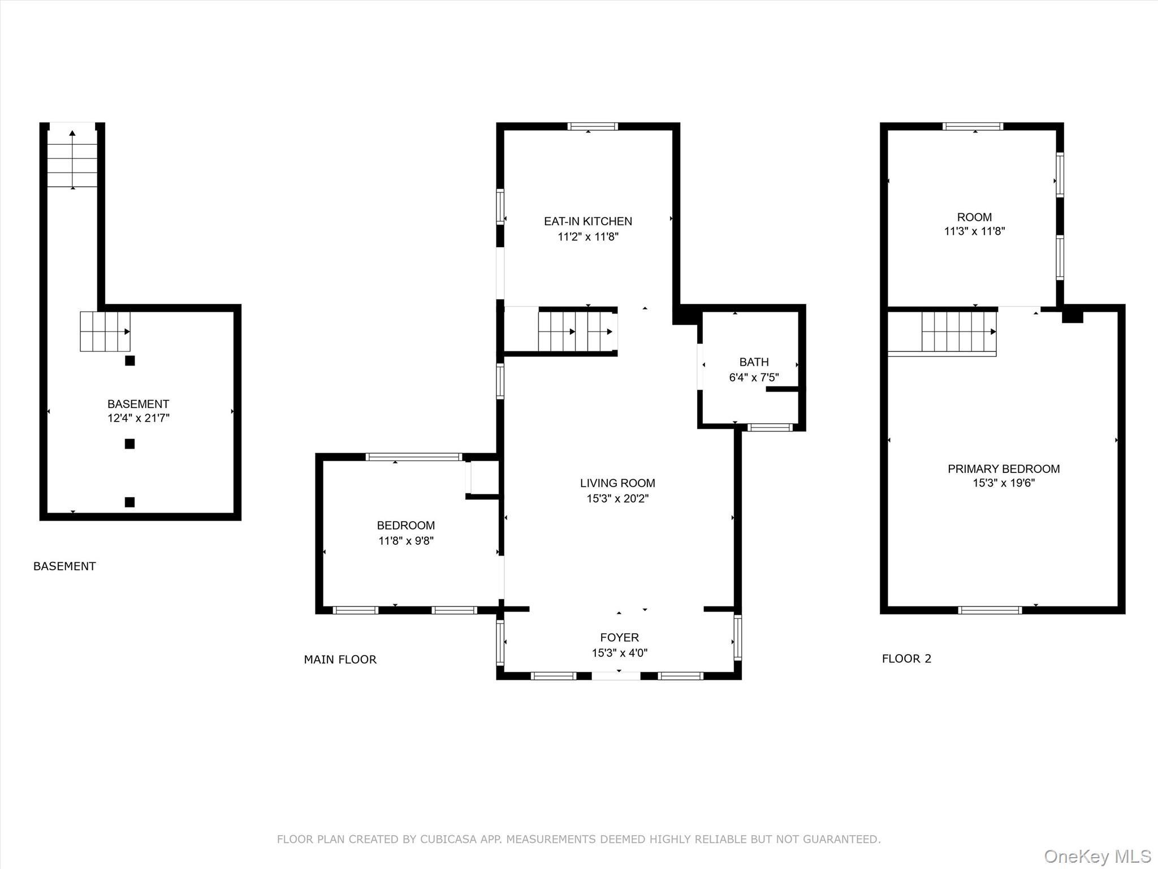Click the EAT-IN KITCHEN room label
pos(588,221)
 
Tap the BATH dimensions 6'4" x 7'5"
pos(754,377)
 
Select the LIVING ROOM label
pos(617,483)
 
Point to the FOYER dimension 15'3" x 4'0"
pos(620,653)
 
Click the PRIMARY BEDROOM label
pos(1004,468)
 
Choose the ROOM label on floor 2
pos(974,217)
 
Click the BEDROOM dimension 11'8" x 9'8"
pos(406,541)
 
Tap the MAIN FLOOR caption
pos(340,659)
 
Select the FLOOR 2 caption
pos(906,659)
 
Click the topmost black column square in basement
pos(130,361)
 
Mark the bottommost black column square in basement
pos(130,502)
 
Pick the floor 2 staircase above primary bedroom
pos(958,332)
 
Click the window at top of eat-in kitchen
pos(593,127)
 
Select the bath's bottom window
pos(770,428)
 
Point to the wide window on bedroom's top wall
pos(414,457)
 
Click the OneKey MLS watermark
pos(1097,857)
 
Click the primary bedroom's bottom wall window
pos(990,610)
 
